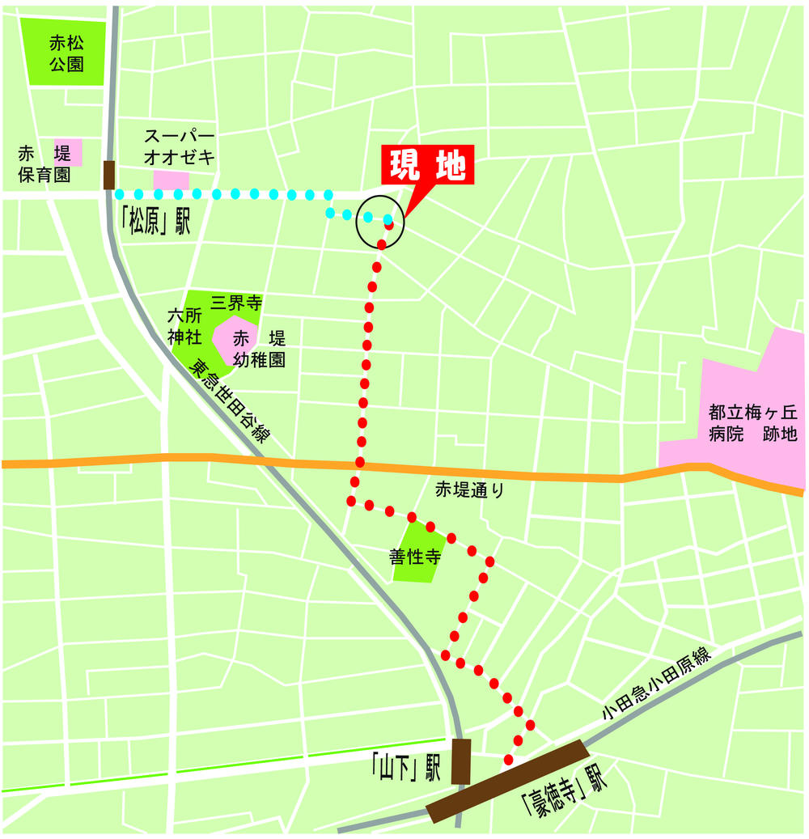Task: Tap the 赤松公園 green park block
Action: click(66, 53)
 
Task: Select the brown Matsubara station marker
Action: click(109, 175)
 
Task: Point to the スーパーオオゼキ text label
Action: click(180, 145)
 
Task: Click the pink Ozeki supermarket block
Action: click(171, 180)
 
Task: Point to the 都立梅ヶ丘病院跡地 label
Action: click(752, 423)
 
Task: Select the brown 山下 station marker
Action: click(460, 761)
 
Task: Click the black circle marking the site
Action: click(380, 221)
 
